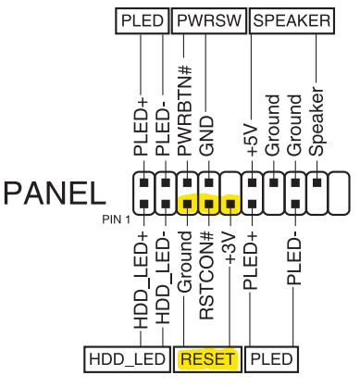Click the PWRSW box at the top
click(209, 21)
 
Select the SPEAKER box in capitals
click(292, 21)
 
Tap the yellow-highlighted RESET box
click(208, 359)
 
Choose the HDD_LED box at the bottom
click(127, 359)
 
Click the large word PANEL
click(55, 194)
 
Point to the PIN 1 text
click(117, 219)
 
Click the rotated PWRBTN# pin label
click(185, 110)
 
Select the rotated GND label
click(206, 135)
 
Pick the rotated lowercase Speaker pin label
click(317, 121)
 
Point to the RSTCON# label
click(206, 276)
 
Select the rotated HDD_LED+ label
click(141, 281)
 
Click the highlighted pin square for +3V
click(230, 204)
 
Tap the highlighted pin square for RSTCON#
click(209, 204)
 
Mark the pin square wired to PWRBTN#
click(187, 182)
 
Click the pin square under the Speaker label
click(317, 182)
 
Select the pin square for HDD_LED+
click(144, 204)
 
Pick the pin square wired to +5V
click(253, 182)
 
